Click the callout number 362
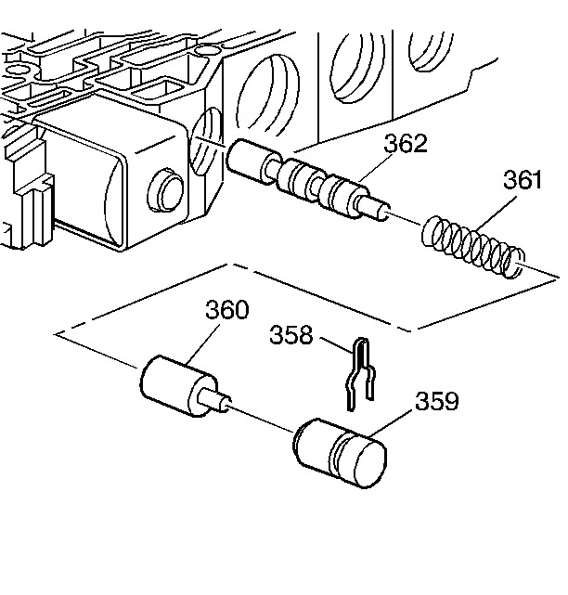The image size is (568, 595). point(406,144)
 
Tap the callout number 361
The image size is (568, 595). point(523,180)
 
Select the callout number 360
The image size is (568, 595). point(227,310)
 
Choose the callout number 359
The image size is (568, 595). point(436,401)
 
